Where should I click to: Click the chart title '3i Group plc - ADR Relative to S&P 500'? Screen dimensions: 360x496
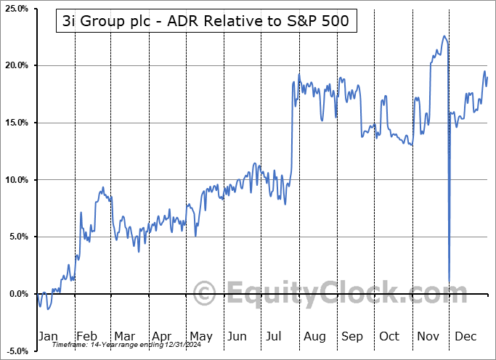(x=207, y=22)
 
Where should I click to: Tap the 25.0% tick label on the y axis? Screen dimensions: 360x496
(x=16, y=9)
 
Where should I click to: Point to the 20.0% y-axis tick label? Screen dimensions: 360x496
(x=16, y=65)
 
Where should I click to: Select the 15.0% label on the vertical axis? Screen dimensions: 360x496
(x=16, y=123)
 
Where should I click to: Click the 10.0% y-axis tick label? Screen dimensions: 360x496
(x=16, y=180)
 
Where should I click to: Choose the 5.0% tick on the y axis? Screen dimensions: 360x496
(x=17, y=237)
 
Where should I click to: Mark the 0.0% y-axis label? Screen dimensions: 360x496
(x=17, y=294)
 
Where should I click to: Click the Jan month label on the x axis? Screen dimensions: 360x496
(x=48, y=337)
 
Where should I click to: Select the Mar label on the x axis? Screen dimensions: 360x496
(x=123, y=337)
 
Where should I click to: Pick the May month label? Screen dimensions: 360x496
(x=200, y=337)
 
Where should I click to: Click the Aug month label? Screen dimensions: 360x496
(x=314, y=337)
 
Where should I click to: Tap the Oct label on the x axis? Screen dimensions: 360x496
(x=389, y=337)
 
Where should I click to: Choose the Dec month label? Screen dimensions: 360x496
(x=466, y=337)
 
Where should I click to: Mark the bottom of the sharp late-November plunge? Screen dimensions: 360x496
(x=450, y=282)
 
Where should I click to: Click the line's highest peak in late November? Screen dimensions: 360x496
(x=443, y=36)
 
